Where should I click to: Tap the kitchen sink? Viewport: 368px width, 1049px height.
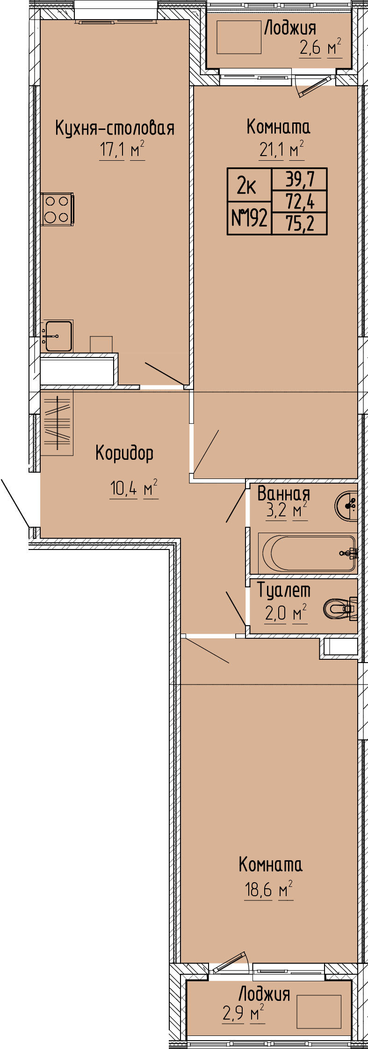[x=57, y=335]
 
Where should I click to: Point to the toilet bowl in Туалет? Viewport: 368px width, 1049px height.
[x=340, y=608]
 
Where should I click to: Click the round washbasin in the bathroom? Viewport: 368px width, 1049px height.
[x=346, y=505]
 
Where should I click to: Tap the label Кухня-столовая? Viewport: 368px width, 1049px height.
[x=115, y=128]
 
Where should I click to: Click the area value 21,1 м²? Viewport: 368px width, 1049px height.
[x=281, y=150]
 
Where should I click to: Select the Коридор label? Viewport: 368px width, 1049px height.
[x=124, y=453]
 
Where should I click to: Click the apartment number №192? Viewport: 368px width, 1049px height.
[x=250, y=218]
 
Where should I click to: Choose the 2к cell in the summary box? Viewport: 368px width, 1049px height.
[x=246, y=186]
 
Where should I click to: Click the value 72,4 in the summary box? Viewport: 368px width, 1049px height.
[x=300, y=202]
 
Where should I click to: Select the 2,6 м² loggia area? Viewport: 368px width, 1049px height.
[x=321, y=48]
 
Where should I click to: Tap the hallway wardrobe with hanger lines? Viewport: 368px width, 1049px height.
[x=57, y=423]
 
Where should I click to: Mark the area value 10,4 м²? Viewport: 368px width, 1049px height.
[x=134, y=489]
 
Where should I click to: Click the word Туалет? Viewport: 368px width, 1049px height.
[x=284, y=591]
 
